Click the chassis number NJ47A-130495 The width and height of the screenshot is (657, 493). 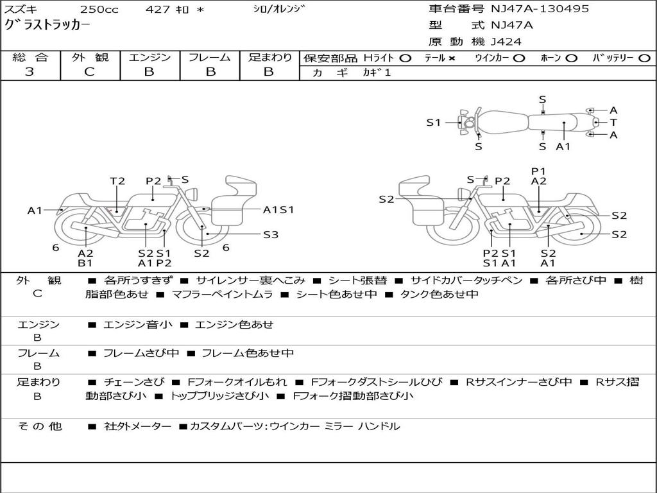540,9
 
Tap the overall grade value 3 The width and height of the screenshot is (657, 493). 30,72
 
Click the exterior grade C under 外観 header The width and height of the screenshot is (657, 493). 90,72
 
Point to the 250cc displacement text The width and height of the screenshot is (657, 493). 99,9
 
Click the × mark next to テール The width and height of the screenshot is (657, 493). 451,58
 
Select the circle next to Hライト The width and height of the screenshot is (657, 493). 405,58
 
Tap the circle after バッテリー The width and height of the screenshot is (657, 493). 644,58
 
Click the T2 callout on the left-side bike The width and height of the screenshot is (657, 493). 117,181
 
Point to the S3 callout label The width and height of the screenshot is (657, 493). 271,235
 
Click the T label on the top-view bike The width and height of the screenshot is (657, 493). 613,123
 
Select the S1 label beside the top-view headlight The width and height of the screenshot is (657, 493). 434,123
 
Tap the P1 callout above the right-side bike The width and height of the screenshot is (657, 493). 538,171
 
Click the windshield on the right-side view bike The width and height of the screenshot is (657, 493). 414,187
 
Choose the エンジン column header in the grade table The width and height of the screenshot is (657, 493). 149,57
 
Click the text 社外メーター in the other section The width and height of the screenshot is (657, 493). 137,426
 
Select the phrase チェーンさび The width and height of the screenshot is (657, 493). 134,382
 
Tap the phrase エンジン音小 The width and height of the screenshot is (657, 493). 137,324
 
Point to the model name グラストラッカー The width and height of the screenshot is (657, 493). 47,25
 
